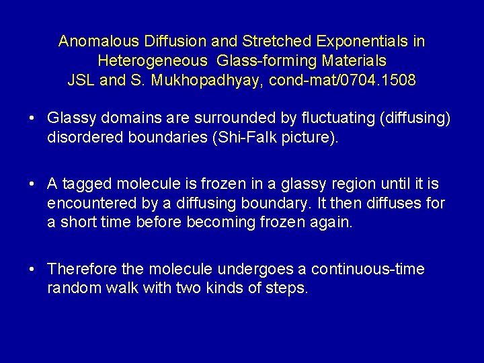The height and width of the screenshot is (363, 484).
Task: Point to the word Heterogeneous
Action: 153,61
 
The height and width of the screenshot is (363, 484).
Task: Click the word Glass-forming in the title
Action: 264,61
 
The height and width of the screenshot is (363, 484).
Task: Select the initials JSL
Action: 82,81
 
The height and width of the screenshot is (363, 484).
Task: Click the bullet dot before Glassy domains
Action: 32,119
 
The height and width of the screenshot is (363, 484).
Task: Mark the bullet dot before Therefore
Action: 32,270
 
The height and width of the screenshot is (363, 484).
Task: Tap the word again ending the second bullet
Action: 333,223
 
